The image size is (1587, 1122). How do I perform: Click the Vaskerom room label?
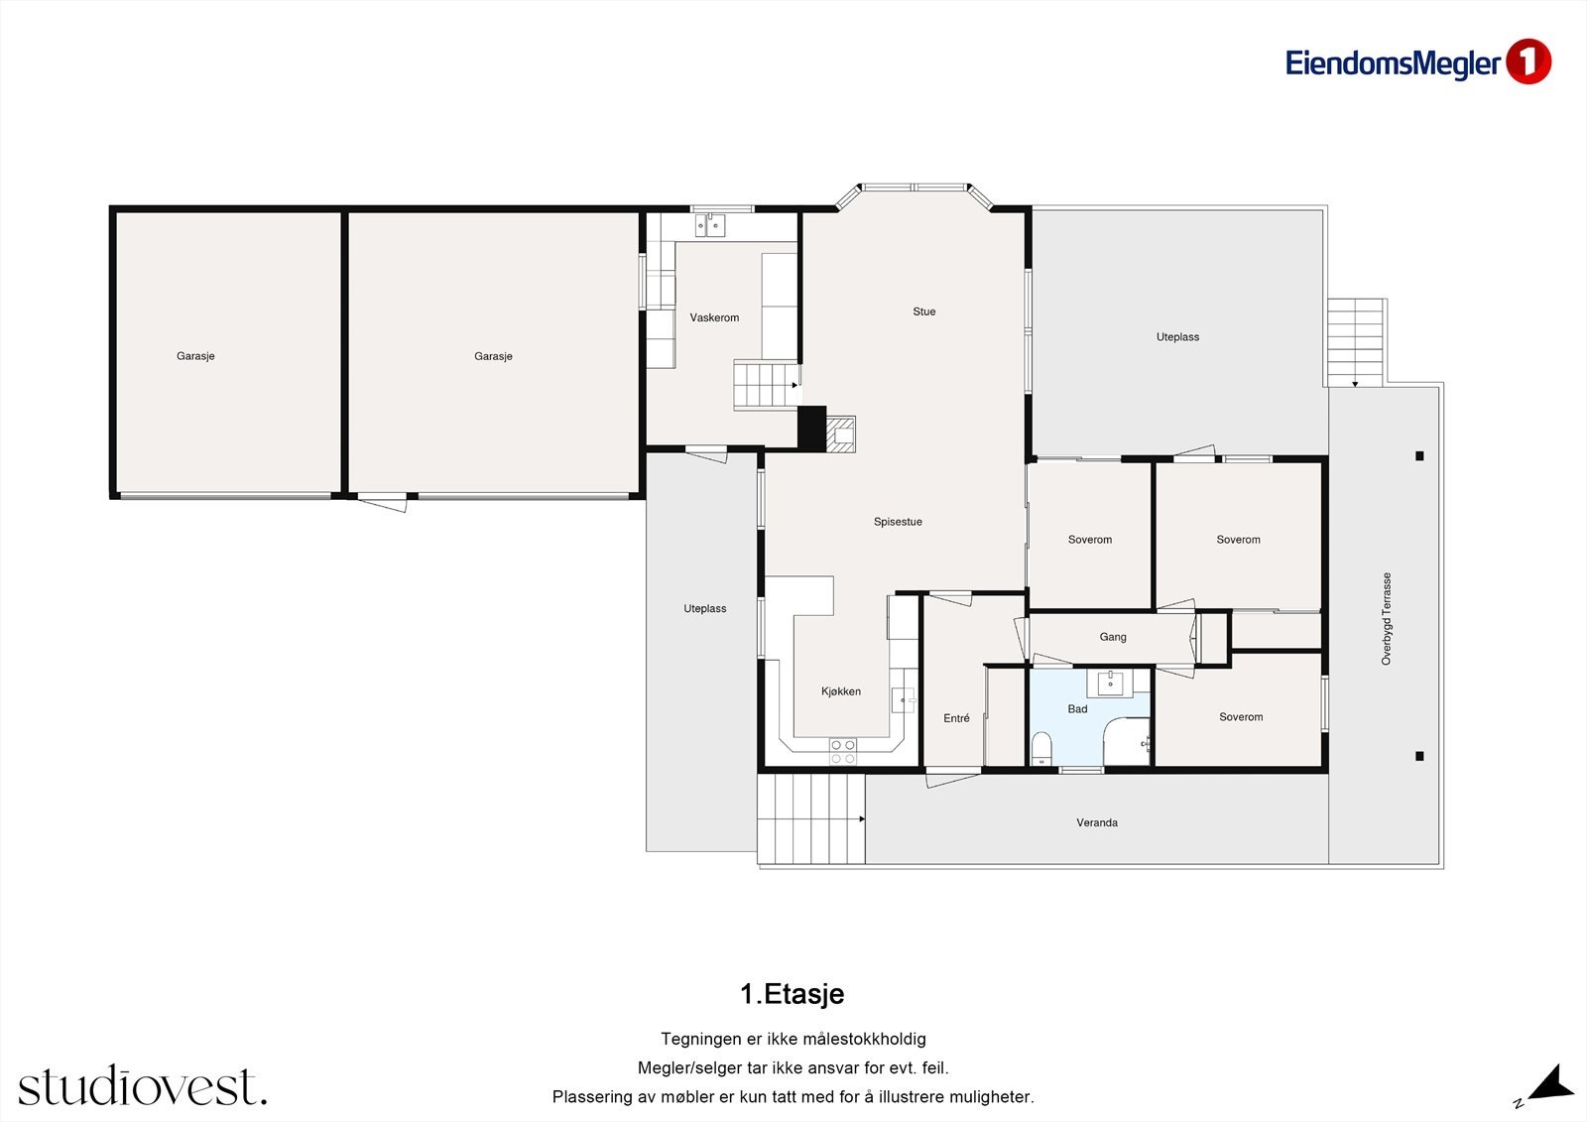point(714,317)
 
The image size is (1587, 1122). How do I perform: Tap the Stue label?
point(923,312)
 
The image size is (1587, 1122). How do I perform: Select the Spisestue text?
point(898,522)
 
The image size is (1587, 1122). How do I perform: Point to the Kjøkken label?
point(841,691)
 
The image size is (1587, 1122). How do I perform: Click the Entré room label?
point(956,718)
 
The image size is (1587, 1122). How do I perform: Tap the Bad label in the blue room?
point(1077,708)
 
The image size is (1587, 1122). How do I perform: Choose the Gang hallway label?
point(1112,637)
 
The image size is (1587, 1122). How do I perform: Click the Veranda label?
point(1097,822)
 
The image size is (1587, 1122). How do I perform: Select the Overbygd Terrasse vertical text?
point(1387,619)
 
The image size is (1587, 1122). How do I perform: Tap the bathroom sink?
point(1110,684)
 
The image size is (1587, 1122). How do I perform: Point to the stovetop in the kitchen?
point(842,751)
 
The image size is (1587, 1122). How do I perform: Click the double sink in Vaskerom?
point(710,225)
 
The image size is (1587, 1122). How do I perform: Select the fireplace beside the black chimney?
point(841,434)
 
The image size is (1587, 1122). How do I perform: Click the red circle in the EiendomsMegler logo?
point(1528,62)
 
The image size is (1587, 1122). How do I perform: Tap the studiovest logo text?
point(143,1085)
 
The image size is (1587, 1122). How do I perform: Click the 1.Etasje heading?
point(793,994)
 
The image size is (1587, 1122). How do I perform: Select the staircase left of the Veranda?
point(811,818)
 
